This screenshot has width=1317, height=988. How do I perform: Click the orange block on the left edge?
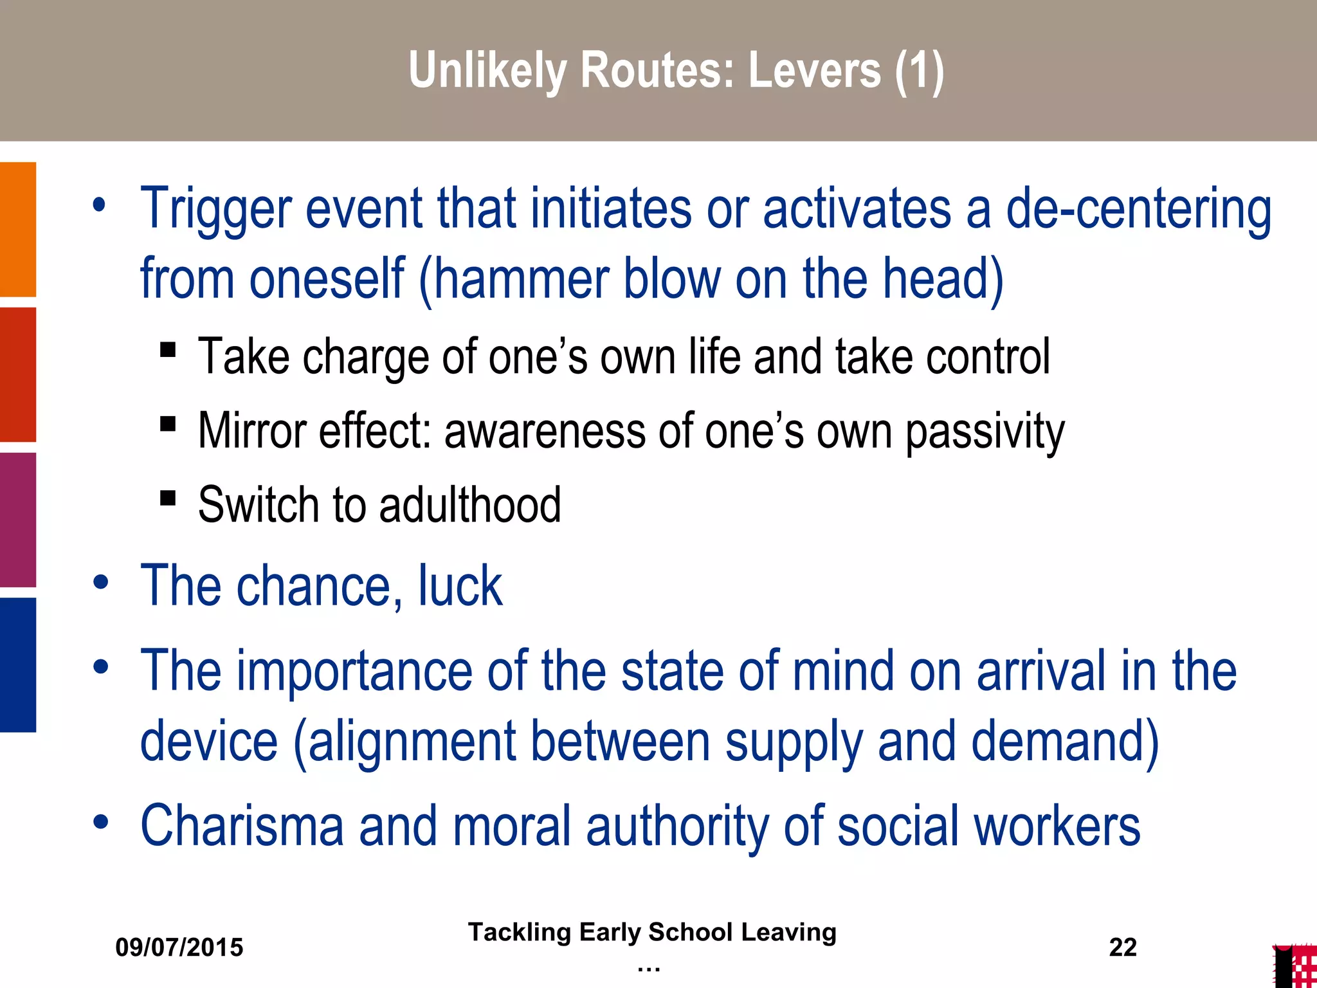coord(18,229)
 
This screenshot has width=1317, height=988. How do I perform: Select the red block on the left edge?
coord(18,374)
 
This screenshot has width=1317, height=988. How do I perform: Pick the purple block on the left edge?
coord(18,520)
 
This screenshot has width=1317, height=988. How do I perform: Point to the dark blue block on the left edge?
coord(18,664)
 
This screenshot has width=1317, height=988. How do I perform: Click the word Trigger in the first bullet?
coord(215,210)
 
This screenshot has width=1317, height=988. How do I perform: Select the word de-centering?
coord(1138,210)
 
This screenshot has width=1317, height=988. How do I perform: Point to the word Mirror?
coord(251,431)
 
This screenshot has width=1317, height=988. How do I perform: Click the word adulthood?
coord(470,505)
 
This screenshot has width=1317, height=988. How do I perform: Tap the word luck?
coord(460,586)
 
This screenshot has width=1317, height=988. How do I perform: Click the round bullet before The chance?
coord(101,582)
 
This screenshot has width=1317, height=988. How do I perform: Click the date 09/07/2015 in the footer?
coord(179,947)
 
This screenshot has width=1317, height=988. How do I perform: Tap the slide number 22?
coord(1123,947)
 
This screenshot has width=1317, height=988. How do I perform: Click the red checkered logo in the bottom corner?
coord(1295,966)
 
